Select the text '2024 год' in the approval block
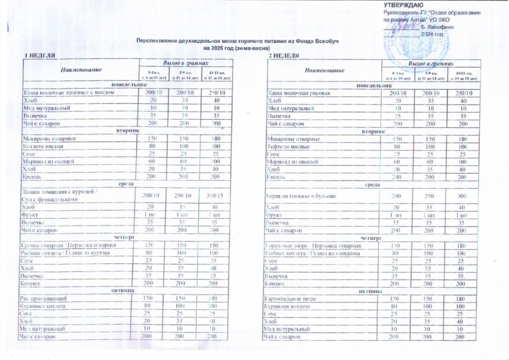(431, 34)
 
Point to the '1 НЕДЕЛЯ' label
(36, 54)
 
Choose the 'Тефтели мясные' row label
(289, 146)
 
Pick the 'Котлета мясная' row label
(42, 146)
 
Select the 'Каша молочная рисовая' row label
(297, 93)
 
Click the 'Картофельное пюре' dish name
(292, 298)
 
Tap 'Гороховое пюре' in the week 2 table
(285, 246)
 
